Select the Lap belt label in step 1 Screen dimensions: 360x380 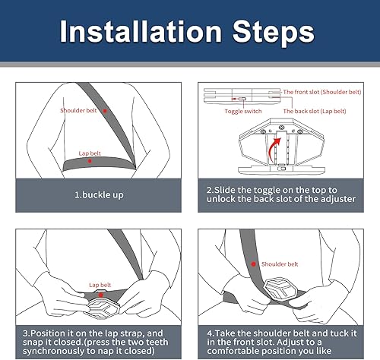90,153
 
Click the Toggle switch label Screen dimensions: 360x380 240,111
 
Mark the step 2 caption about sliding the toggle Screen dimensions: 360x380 283,194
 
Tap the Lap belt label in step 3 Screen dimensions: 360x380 100,285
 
